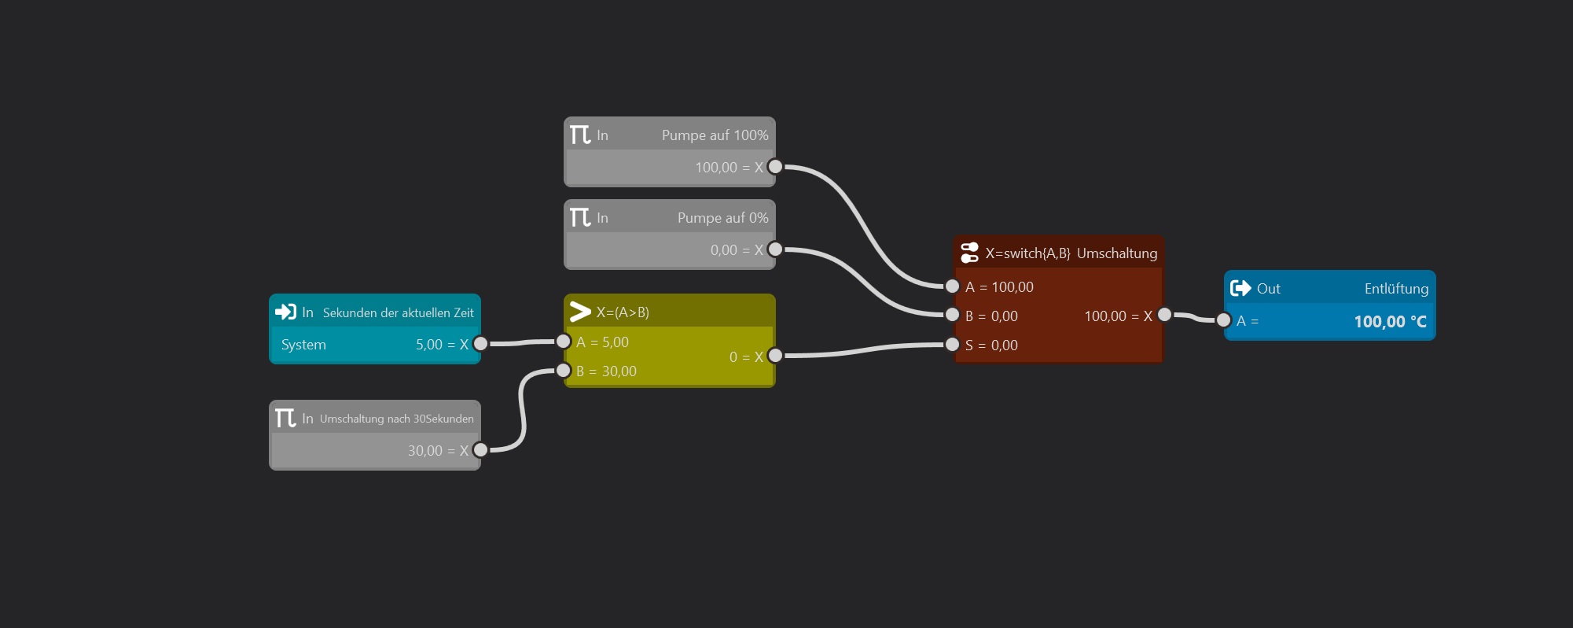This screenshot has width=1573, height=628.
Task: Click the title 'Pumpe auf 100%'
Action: coord(715,135)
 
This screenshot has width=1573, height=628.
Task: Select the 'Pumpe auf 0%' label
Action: coord(722,218)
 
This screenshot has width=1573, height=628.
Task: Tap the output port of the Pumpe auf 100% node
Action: coord(775,167)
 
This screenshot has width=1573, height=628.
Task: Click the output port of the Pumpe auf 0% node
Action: coord(775,249)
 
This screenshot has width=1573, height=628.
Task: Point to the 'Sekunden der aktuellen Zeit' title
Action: coord(398,312)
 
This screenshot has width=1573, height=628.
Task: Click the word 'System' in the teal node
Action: coord(303,345)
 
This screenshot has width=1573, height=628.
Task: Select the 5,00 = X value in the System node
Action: coord(441,345)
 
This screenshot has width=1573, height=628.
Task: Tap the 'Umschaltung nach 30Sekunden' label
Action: coord(396,419)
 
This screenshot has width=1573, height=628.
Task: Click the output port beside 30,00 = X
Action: coord(480,450)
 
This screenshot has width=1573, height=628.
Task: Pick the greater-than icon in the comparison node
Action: coord(580,312)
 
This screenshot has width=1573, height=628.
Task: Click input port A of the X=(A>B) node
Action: coord(564,342)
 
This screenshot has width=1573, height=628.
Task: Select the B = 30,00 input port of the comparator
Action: coord(564,371)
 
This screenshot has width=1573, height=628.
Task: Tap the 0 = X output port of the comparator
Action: coord(775,356)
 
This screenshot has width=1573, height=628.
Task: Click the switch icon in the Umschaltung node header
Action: coord(969,253)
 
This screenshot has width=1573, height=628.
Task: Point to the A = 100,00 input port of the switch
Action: coord(952,286)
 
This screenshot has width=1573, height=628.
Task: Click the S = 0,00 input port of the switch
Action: coord(952,345)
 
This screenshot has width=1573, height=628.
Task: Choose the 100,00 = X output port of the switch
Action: coord(1165,315)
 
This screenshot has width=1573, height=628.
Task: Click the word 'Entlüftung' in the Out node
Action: coord(1396,289)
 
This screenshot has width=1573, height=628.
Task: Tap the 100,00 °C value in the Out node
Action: coord(1389,321)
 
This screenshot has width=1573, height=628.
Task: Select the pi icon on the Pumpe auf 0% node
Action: coord(580,217)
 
